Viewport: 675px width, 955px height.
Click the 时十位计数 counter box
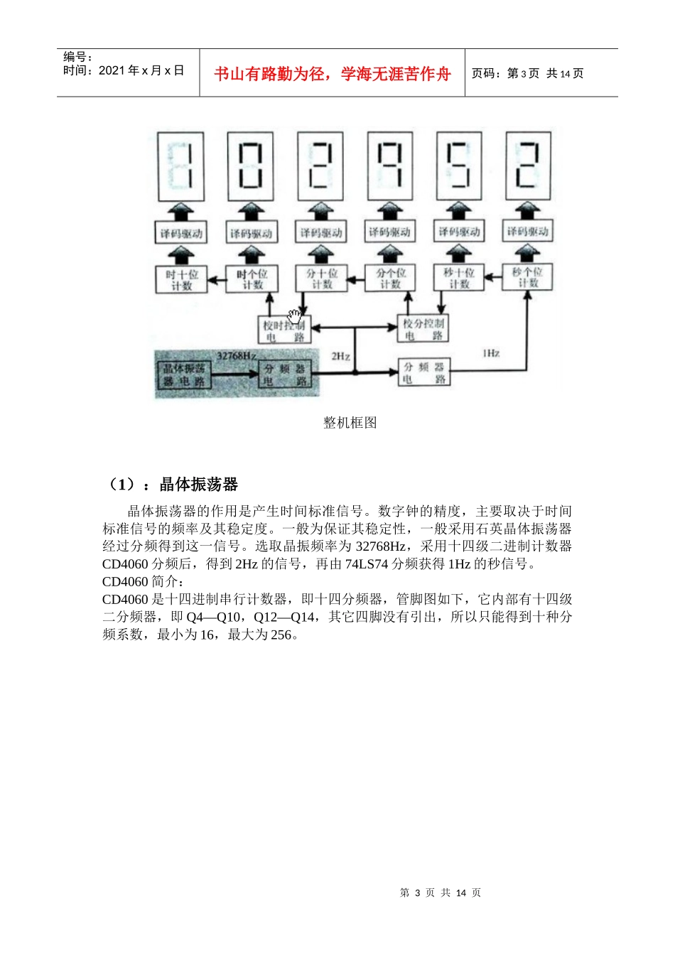[182, 279]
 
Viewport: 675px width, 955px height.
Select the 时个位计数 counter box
[252, 279]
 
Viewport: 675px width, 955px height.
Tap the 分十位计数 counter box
[321, 278]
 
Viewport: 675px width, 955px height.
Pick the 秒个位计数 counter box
[526, 276]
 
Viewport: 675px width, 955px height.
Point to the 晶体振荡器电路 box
[184, 374]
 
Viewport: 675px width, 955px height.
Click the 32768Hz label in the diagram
[237, 355]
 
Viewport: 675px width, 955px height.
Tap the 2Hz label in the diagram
[340, 356]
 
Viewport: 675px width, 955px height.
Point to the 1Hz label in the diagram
[491, 352]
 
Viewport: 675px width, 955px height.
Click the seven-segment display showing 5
[458, 165]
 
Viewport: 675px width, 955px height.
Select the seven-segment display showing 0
[251, 166]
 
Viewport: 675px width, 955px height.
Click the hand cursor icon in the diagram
[295, 316]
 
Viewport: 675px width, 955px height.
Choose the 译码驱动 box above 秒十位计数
[459, 232]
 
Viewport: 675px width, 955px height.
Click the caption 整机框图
[350, 423]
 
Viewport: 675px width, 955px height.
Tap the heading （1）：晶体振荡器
[171, 485]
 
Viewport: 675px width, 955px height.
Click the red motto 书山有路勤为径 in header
[333, 74]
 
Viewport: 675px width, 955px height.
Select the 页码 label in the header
[487, 73]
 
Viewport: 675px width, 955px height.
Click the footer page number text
[441, 892]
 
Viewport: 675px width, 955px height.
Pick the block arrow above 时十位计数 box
[182, 255]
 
